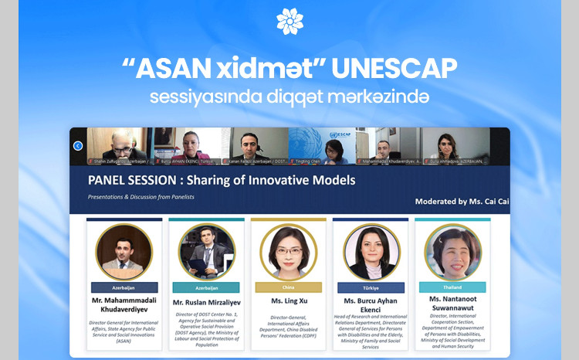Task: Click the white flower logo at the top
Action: coord(289,21)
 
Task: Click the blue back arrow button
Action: coord(78,145)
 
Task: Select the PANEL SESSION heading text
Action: coord(222,181)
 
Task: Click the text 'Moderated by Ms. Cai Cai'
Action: coord(462,202)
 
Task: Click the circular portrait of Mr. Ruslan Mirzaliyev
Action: coord(206,251)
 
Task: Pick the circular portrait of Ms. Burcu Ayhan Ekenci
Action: coord(371,251)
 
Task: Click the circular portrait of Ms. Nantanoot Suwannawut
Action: coord(452,251)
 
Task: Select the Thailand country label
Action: coord(452,287)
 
